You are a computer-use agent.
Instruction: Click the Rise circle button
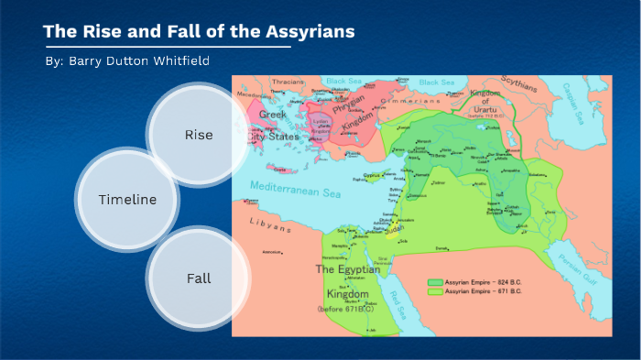coord(198,135)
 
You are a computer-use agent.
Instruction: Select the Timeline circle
coord(127,200)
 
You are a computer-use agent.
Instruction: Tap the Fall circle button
coord(198,278)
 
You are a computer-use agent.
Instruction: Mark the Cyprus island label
coord(371,173)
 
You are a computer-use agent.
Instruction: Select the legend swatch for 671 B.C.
coord(436,290)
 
